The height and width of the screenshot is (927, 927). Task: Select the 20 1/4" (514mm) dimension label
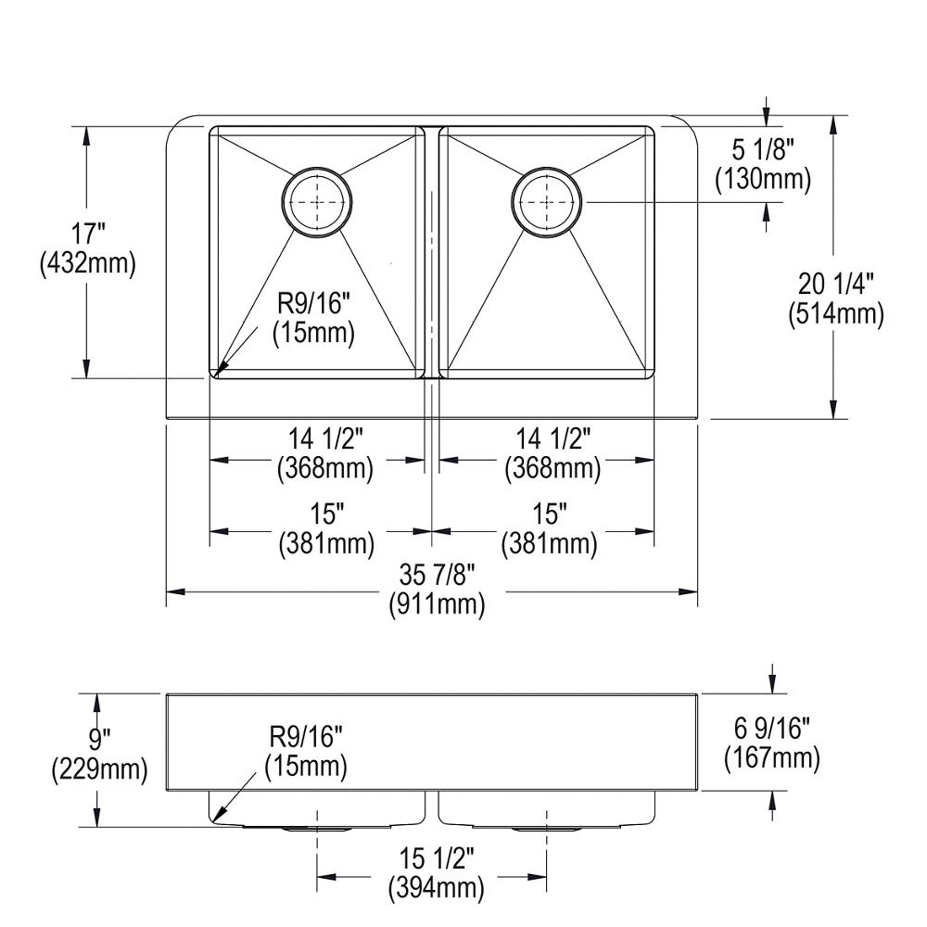coord(836,298)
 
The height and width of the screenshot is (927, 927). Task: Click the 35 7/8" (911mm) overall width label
coord(436,590)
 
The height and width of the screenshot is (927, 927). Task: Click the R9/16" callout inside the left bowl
coord(312,317)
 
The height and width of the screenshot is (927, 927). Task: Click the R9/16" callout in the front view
coord(306,752)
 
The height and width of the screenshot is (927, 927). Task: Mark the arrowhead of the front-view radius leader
coord(216,819)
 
